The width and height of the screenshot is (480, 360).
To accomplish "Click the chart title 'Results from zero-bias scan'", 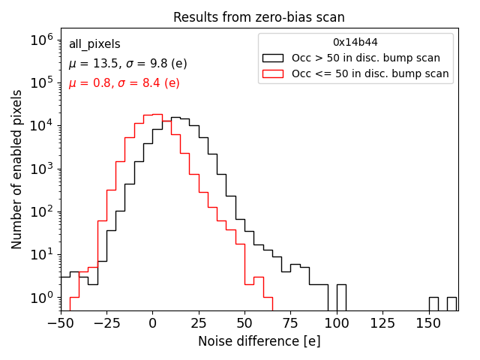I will pyautogui.click(x=259, y=17).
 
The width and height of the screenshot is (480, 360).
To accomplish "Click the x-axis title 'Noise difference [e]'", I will pyautogui.click(x=259, y=341).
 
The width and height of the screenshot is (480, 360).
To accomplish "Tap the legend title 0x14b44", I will pyautogui.click(x=355, y=42).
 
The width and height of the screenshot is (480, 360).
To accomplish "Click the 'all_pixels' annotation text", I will pyautogui.click(x=94, y=44).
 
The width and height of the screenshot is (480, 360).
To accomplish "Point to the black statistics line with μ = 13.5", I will pyautogui.click(x=127, y=64).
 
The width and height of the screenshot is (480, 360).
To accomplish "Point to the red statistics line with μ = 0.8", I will pyautogui.click(x=124, y=83).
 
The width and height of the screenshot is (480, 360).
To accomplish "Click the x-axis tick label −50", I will pyautogui.click(x=60, y=322).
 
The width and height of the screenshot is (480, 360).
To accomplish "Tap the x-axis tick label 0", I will pyautogui.click(x=152, y=322).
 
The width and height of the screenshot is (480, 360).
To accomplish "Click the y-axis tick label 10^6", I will pyautogui.click(x=40, y=39).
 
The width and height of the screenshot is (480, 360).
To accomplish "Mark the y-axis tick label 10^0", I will pyautogui.click(x=40, y=298).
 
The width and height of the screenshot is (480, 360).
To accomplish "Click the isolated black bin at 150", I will pyautogui.click(x=433, y=304).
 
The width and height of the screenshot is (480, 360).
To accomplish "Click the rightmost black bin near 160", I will pyautogui.click(x=451, y=304).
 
